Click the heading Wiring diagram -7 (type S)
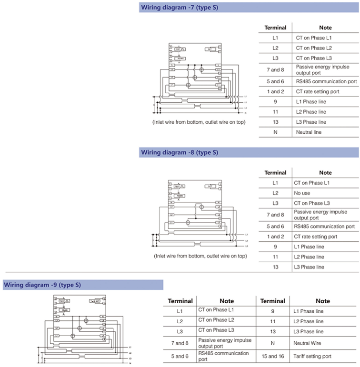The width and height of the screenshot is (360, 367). tap(180, 8)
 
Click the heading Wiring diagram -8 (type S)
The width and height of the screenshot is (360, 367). tap(180, 152)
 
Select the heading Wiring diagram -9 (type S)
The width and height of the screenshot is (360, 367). tap(42, 285)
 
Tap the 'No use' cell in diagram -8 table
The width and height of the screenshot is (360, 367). tap(302, 193)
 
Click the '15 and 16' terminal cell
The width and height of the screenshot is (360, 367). tap(273, 356)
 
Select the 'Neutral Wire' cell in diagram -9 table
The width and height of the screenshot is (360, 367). tap(308, 343)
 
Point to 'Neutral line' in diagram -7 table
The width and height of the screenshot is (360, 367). tap(309, 132)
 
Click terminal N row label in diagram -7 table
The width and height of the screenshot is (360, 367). tap(275, 132)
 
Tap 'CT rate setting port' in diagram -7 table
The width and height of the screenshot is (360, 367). tap(318, 91)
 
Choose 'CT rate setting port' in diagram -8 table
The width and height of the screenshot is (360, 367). tap(316, 237)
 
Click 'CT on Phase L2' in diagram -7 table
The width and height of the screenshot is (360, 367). tap(314, 48)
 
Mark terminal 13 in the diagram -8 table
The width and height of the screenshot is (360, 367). tap(275, 267)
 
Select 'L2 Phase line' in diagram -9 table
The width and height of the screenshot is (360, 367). tap(308, 321)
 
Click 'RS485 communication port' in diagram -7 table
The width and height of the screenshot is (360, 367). tap(326, 81)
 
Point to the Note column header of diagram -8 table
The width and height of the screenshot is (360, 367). tap(325, 173)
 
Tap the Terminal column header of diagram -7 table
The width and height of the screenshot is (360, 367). tap(276, 28)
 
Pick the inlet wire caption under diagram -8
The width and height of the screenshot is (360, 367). tap(200, 256)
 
